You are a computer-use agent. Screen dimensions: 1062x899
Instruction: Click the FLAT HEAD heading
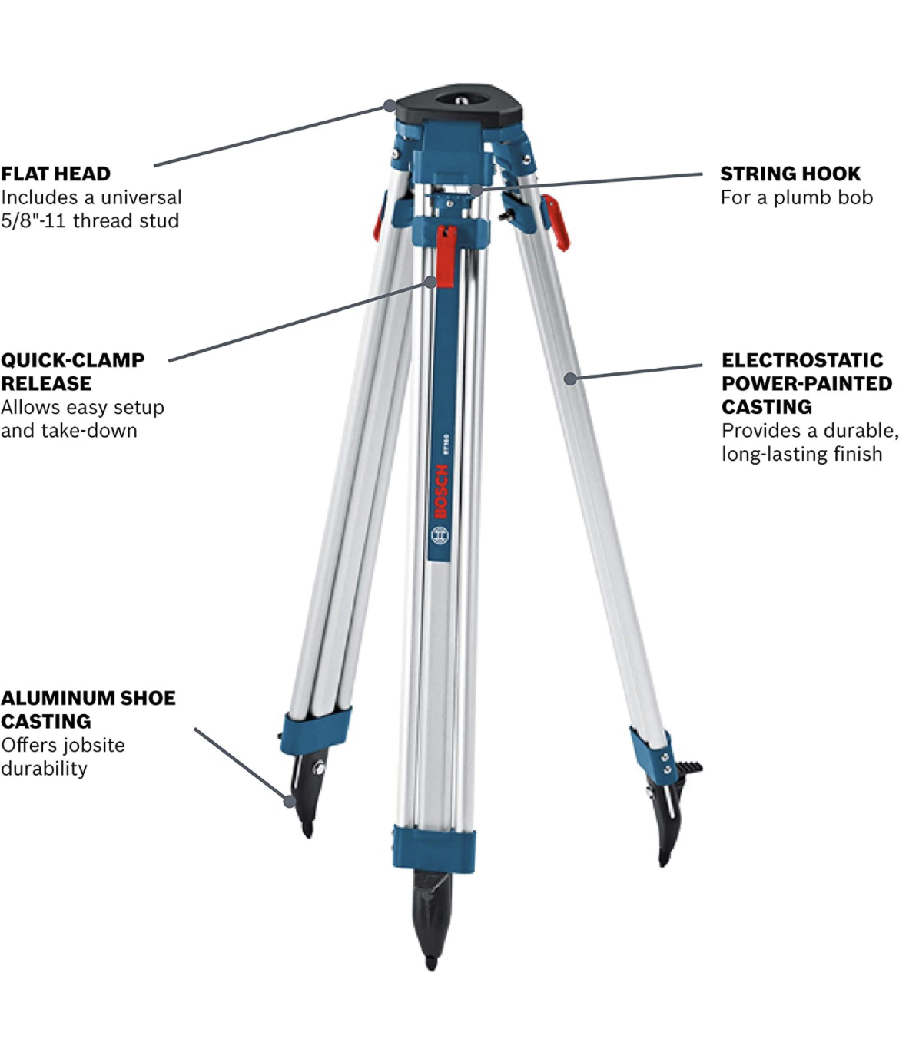[55, 174]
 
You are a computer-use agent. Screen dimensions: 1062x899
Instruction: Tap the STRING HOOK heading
[790, 174]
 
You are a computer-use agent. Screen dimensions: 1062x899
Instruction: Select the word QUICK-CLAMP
[72, 360]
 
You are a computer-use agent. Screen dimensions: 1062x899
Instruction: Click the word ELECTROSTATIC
[802, 360]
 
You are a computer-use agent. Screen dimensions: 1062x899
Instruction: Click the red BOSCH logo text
[441, 491]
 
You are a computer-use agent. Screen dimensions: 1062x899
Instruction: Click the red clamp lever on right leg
[555, 222]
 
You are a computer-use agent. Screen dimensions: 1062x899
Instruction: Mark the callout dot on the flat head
[390, 104]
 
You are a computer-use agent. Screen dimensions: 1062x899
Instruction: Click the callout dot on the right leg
[569, 378]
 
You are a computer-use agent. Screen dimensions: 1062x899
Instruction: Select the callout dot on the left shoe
[290, 801]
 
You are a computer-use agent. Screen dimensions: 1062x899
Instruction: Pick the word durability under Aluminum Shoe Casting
[44, 769]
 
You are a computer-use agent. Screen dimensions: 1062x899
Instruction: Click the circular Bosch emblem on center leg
[440, 535]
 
